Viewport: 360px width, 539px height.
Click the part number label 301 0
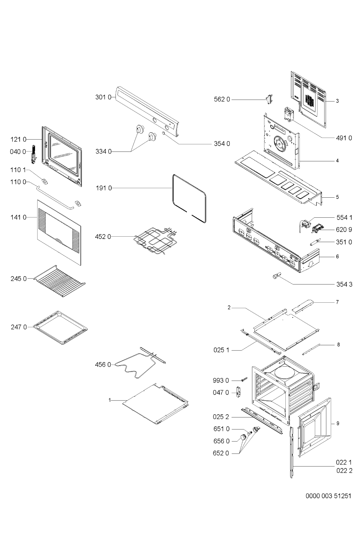pos(103,97)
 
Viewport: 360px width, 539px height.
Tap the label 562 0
pos(222,99)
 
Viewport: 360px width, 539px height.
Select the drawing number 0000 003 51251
pos(328,496)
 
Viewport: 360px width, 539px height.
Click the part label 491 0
pos(344,138)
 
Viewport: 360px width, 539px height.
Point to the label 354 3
pos(344,284)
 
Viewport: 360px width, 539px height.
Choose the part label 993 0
pos(221,380)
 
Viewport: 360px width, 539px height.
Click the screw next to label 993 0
pos(244,379)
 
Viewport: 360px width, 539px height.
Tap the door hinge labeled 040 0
pos(34,153)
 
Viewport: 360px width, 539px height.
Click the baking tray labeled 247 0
pos(60,328)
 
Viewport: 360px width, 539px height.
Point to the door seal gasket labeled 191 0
pos(189,198)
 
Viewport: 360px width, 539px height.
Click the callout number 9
pos(338,430)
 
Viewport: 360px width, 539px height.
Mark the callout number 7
pos(337,302)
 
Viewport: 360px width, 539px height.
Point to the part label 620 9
pos(344,229)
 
